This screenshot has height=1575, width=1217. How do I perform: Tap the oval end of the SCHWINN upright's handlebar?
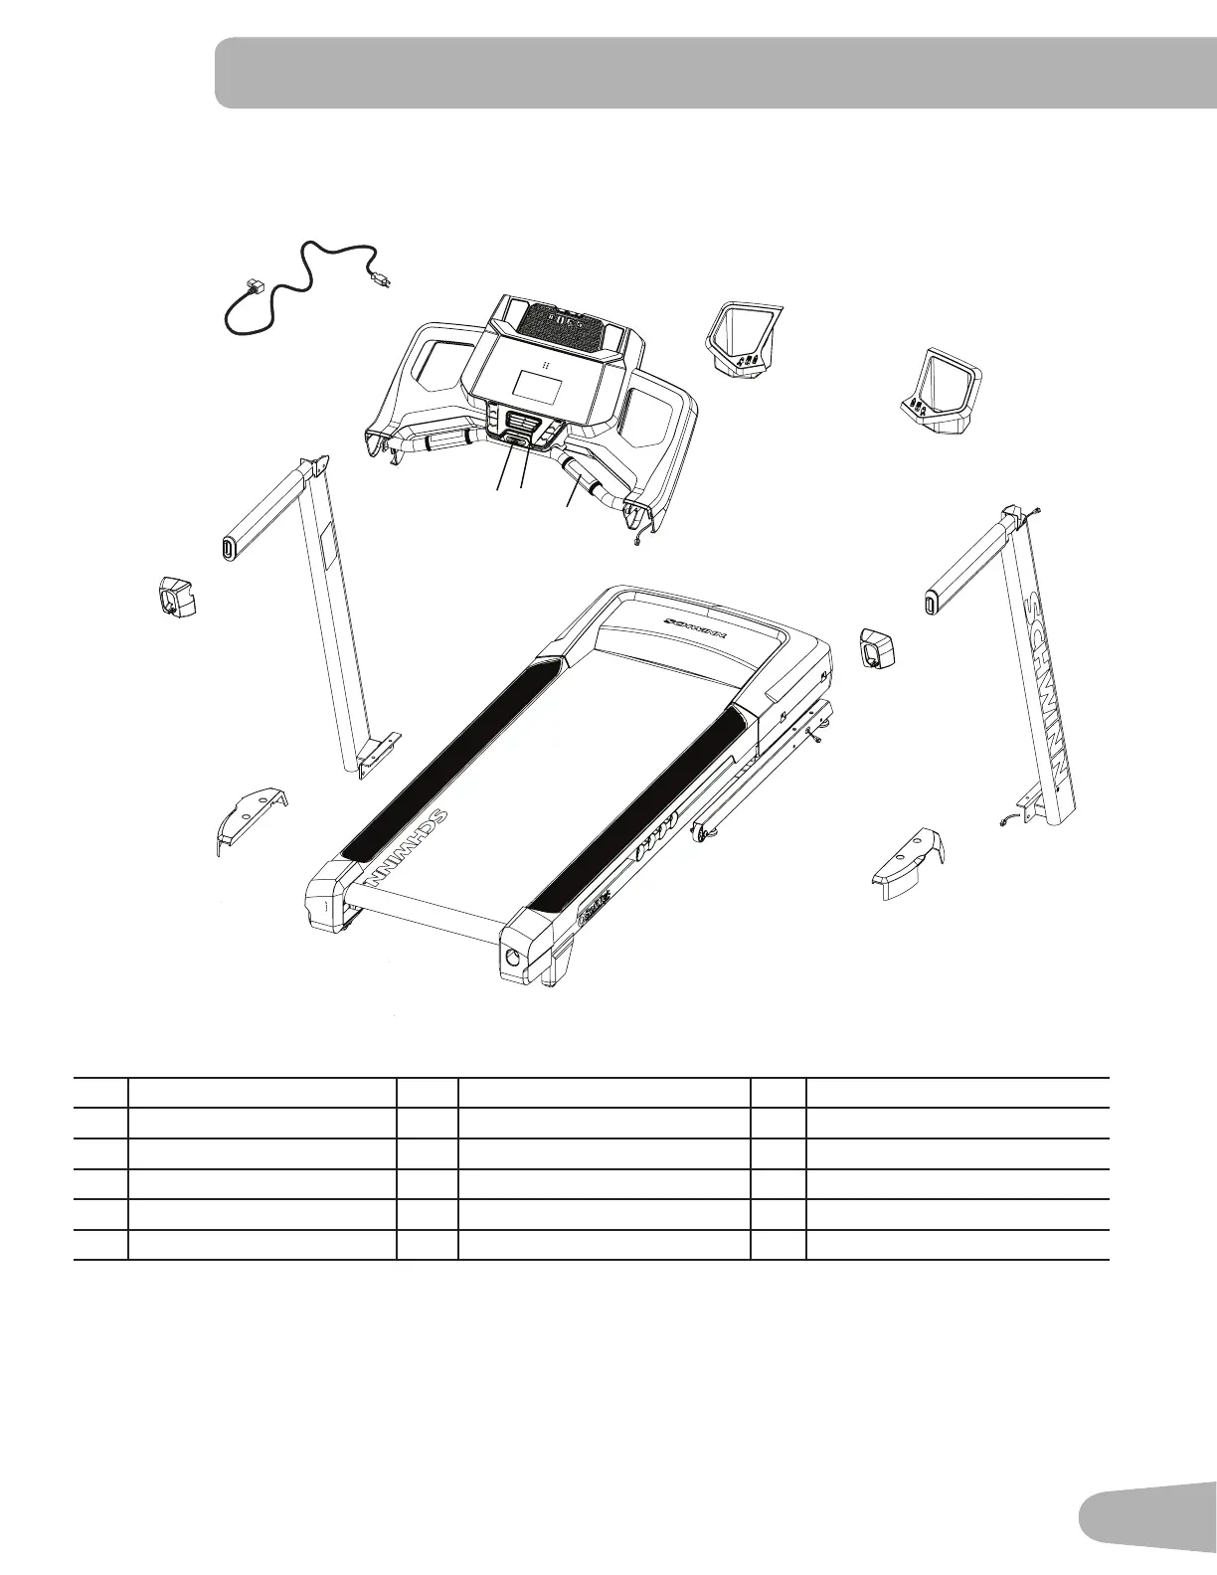point(932,604)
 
